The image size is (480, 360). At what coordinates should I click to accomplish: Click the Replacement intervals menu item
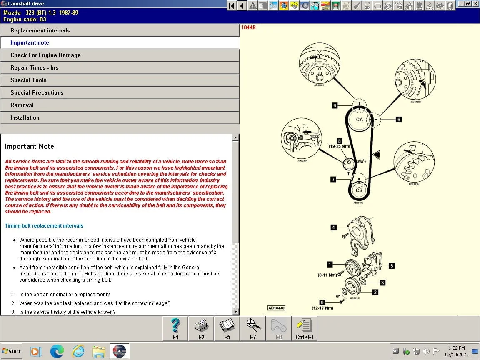click(40, 30)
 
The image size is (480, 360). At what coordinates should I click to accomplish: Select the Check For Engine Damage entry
click(45, 55)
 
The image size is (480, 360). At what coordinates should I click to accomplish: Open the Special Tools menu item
click(28, 80)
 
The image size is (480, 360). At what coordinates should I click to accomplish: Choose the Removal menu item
click(22, 105)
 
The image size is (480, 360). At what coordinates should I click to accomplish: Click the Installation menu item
click(25, 117)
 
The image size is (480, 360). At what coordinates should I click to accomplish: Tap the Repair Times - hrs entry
click(35, 67)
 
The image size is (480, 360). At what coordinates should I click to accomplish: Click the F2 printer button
click(201, 328)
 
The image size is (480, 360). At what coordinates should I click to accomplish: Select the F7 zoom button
click(253, 328)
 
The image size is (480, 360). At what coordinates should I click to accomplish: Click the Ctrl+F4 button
click(305, 328)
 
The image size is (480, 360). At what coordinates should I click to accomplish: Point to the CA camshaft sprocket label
click(359, 120)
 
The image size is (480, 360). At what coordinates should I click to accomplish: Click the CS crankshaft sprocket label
click(359, 190)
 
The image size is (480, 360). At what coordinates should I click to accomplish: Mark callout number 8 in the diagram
click(339, 141)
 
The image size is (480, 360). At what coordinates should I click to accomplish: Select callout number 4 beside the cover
click(333, 227)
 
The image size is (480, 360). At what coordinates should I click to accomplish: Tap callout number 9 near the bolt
click(322, 302)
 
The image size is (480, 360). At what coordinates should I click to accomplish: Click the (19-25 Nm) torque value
click(339, 147)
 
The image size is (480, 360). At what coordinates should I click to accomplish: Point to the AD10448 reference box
click(276, 308)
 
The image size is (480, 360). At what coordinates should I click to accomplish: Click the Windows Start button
click(12, 351)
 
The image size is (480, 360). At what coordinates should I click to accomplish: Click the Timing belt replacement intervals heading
click(44, 226)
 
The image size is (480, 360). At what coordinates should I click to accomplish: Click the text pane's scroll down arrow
click(236, 312)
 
